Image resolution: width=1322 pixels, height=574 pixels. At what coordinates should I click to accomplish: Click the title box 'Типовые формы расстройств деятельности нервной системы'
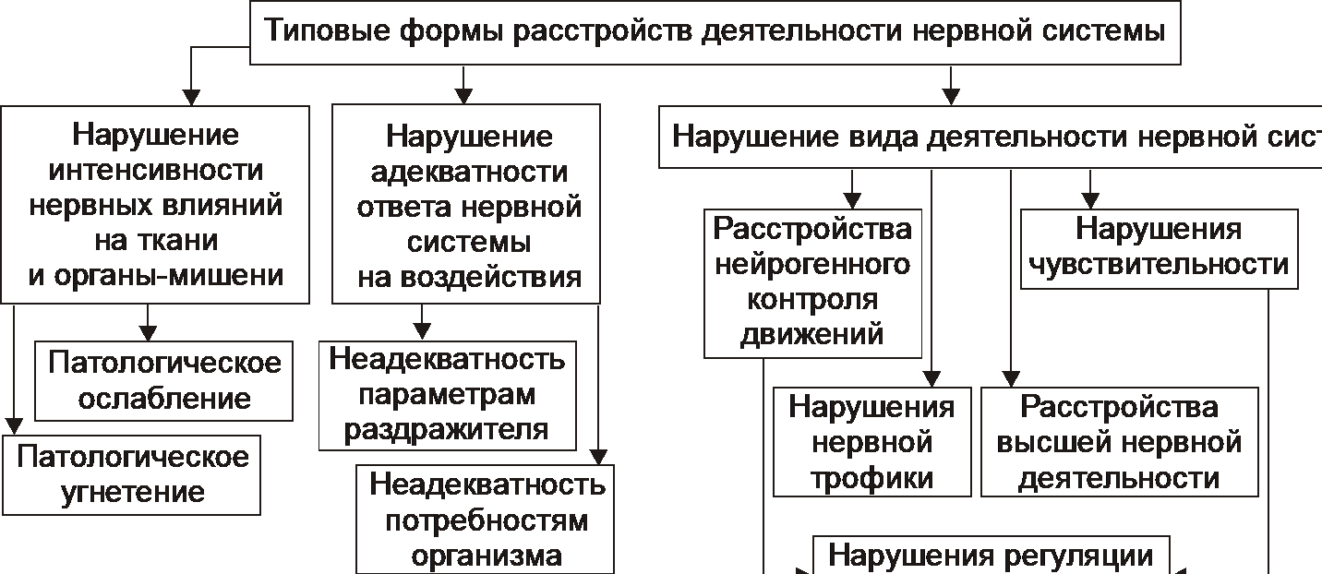pyautogui.click(x=715, y=32)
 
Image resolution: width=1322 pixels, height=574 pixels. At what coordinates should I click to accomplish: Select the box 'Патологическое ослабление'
pyautogui.click(x=164, y=379)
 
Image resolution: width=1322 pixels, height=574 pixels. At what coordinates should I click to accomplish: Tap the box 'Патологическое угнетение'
pyautogui.click(x=132, y=474)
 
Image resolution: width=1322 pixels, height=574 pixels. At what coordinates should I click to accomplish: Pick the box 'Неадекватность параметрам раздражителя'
pyautogui.click(x=447, y=395)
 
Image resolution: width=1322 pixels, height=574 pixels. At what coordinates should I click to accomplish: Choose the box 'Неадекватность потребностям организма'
pyautogui.click(x=486, y=519)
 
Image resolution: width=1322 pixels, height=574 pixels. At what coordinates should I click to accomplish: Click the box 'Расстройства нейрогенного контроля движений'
pyautogui.click(x=812, y=282)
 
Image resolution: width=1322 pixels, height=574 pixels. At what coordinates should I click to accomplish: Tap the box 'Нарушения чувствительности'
pyautogui.click(x=1159, y=246)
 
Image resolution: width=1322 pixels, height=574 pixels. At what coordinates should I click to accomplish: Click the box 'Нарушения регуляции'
pyautogui.click(x=991, y=556)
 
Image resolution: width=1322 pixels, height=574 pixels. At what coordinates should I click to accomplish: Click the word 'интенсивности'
pyautogui.click(x=155, y=171)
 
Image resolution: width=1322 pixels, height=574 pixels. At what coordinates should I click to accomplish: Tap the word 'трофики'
pyautogui.click(x=872, y=479)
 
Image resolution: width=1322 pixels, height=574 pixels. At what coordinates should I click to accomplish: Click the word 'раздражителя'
pyautogui.click(x=448, y=429)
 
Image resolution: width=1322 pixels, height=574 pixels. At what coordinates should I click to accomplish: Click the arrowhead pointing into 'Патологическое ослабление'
pyautogui.click(x=148, y=334)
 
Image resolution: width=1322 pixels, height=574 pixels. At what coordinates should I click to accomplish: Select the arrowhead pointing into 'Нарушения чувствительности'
pyautogui.click(x=1091, y=201)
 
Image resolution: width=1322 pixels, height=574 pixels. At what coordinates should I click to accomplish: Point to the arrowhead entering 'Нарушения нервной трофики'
pyautogui.click(x=931, y=378)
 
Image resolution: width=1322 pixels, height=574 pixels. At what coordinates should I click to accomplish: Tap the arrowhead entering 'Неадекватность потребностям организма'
pyautogui.click(x=597, y=456)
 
